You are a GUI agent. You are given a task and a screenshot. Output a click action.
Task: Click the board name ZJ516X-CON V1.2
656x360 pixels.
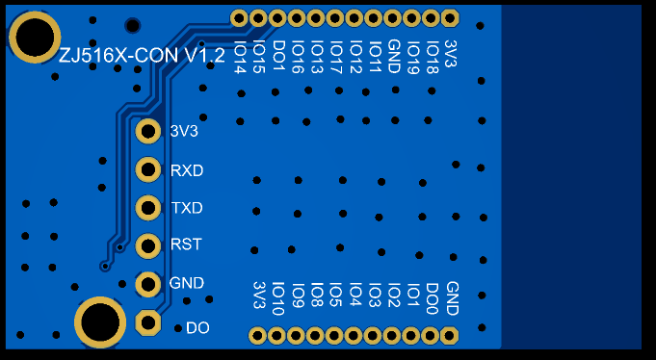[142, 56]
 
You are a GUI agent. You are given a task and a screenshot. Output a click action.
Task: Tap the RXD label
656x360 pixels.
[187, 170]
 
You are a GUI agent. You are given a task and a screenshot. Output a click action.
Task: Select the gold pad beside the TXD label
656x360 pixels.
[148, 207]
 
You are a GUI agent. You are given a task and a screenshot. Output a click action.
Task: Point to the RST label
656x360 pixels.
[186, 244]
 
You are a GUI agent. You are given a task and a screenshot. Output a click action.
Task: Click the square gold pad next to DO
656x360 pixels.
[148, 322]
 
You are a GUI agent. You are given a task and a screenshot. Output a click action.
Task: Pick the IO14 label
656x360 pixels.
[240, 57]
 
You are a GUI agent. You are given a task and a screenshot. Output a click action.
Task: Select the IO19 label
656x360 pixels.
[413, 57]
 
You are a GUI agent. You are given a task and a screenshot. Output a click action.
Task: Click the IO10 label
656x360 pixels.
[278, 298]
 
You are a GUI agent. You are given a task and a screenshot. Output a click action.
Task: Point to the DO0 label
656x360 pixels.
[433, 298]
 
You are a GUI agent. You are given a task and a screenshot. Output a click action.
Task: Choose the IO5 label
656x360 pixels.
[336, 295]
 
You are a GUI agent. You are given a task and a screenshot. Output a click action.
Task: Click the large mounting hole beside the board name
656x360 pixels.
[35, 37]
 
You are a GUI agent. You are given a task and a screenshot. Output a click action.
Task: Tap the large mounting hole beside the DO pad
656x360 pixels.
[100, 322]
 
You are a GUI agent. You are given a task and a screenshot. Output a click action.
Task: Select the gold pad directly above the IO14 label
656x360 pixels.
[239, 18]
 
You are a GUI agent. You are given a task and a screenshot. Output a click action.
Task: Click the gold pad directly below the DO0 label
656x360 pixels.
[430, 335]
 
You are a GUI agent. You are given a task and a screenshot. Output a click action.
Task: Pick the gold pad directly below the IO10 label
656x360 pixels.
[276, 335]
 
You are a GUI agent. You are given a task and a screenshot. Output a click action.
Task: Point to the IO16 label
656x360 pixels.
[298, 57]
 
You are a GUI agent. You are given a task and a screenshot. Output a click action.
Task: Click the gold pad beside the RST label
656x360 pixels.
[148, 245]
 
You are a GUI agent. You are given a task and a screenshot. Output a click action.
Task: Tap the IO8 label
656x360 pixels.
[317, 295]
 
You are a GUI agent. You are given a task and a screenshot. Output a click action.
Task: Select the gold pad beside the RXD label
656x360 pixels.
[148, 169]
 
